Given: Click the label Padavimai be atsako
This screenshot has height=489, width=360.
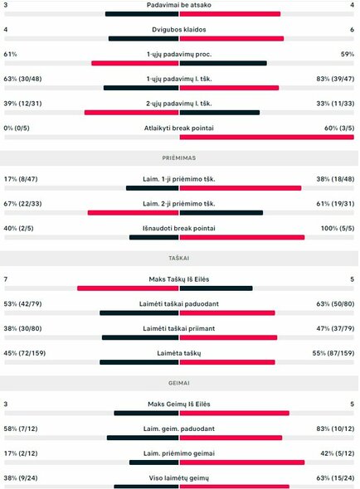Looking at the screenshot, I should tap(179, 5).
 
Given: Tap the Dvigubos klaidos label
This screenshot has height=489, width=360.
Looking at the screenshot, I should tap(179, 29).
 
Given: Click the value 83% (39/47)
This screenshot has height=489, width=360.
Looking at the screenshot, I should tap(336, 79).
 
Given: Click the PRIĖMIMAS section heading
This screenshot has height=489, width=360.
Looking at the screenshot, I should tap(179, 157).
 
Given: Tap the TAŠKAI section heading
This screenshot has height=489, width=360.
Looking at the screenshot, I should tap(179, 258).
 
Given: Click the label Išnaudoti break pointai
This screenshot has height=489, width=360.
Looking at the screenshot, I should tap(179, 228).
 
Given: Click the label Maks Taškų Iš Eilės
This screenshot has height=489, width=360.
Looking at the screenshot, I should tap(179, 279).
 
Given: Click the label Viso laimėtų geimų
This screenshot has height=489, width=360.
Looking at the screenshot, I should tap(179, 478).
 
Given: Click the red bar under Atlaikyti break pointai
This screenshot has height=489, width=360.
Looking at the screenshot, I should tap(266, 137).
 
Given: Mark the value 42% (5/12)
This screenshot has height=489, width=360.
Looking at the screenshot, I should tap(338, 453).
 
